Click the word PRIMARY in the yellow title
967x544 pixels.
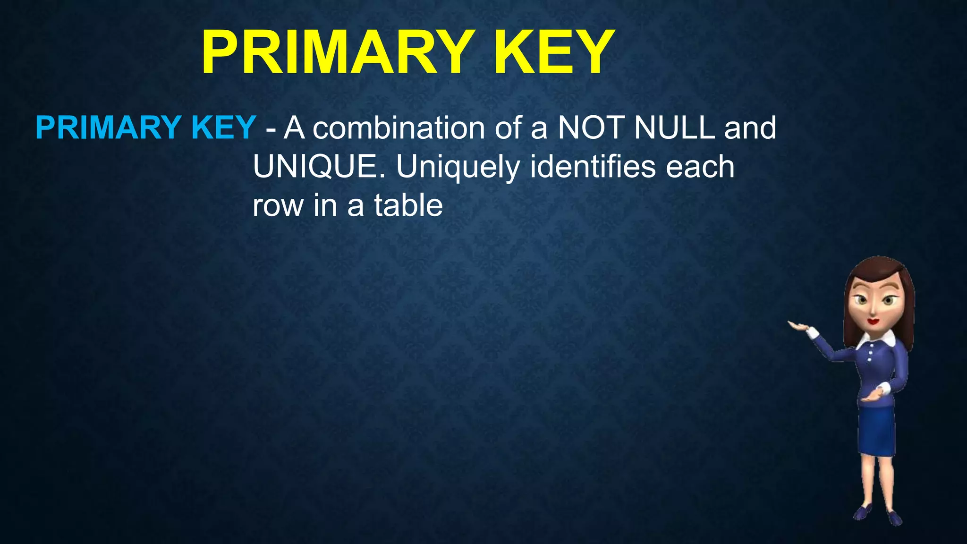pos(336,52)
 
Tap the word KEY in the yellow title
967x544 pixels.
pos(553,52)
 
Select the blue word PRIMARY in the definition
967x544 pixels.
pos(108,128)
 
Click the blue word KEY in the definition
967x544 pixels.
pos(223,128)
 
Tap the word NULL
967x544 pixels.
pos(674,128)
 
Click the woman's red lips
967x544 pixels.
pos(873,321)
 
